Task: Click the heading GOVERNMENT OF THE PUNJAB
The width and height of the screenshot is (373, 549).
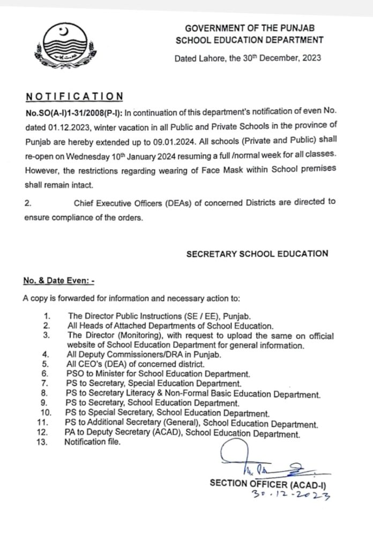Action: (250, 27)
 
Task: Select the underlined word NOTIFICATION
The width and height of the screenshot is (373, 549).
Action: (74, 97)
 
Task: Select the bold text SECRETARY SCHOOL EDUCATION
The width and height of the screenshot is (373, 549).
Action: (257, 254)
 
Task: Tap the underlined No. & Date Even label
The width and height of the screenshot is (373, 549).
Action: (58, 280)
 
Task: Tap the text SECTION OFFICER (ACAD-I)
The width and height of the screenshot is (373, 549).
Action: (268, 484)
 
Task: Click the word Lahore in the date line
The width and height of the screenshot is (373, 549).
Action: (210, 58)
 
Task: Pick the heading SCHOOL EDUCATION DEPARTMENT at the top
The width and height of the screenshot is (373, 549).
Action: (250, 39)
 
